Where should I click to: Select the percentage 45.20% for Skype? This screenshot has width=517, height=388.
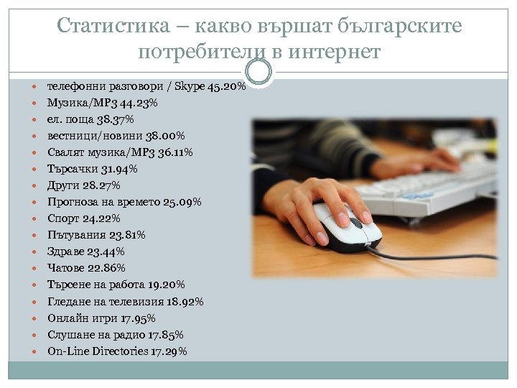click(226, 87)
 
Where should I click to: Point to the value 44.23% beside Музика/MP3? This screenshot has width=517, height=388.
click(141, 103)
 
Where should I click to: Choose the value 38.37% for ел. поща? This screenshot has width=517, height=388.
click(116, 120)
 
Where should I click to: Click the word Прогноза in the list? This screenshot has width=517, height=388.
click(73, 203)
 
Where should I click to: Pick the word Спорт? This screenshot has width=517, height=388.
click(63, 218)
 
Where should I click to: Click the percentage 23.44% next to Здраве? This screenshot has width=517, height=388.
click(107, 251)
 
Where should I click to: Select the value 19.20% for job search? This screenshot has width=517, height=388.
click(168, 285)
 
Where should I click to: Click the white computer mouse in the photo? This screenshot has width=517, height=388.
click(345, 225)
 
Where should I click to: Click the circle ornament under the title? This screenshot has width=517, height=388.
click(258, 72)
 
